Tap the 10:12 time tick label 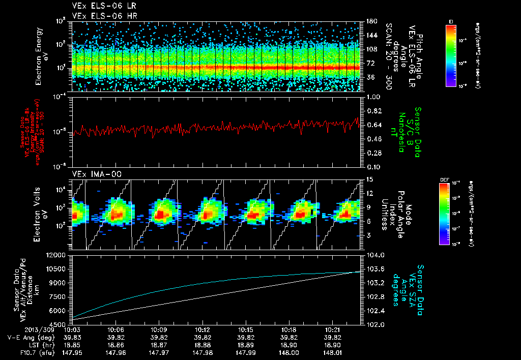202,329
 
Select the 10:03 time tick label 73,329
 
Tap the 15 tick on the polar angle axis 369,179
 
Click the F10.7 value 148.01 332,351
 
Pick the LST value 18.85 73,344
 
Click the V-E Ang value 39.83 73,337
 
